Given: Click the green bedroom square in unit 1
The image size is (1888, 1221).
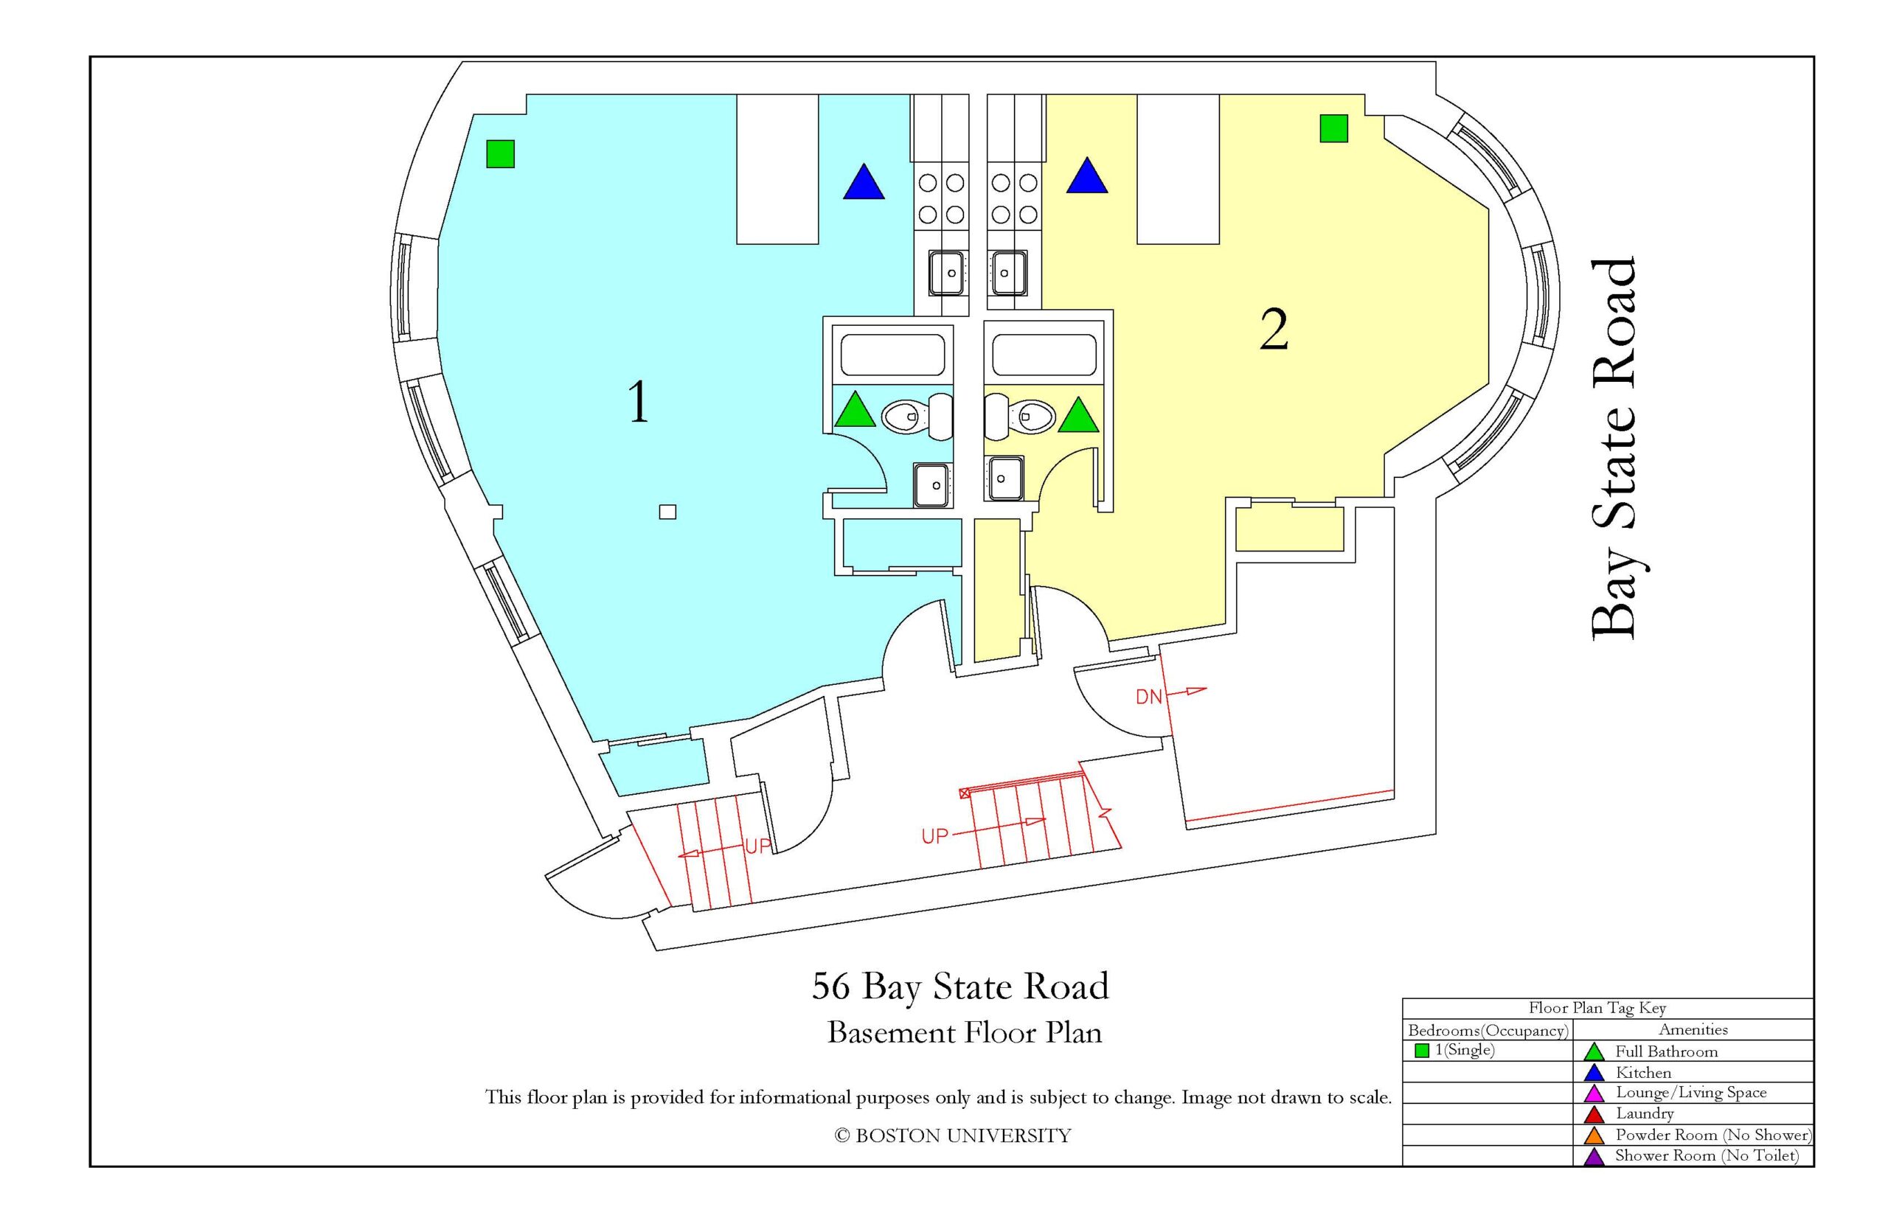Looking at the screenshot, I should click(x=500, y=154).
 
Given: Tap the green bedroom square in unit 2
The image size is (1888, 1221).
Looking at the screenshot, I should click(x=1333, y=128).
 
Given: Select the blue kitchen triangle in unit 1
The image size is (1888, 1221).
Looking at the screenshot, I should click(x=864, y=182).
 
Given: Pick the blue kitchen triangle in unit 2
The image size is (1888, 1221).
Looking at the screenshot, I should click(x=1086, y=177).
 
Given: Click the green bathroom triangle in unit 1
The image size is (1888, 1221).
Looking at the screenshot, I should click(x=855, y=411).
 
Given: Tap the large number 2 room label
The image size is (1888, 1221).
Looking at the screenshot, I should click(x=1274, y=330).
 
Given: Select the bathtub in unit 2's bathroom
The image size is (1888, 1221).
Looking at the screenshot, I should click(x=1044, y=355).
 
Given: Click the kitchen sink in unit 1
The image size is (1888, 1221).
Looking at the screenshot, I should click(x=948, y=272).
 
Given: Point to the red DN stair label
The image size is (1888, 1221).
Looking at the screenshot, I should click(x=1149, y=697).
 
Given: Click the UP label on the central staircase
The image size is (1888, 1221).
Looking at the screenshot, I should click(x=935, y=835).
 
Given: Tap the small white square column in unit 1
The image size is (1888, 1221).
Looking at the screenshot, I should click(x=667, y=512).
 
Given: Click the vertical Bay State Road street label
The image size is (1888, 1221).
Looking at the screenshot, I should click(x=1614, y=448).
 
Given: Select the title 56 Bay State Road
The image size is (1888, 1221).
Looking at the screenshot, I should click(x=960, y=987).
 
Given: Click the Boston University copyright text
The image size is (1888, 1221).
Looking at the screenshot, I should click(x=952, y=1136).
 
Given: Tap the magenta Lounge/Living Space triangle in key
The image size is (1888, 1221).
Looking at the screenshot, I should click(x=1594, y=1094).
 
